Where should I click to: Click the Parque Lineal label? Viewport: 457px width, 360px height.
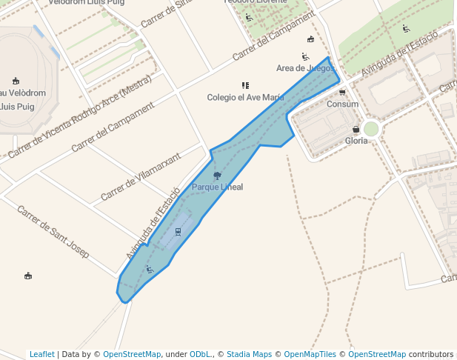(x=217, y=187)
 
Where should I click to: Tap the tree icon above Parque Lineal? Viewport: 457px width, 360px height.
(x=217, y=176)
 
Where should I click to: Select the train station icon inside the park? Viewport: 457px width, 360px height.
(x=178, y=231)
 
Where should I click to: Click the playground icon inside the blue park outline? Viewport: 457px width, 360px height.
(x=150, y=269)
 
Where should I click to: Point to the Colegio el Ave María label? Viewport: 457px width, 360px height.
(x=245, y=97)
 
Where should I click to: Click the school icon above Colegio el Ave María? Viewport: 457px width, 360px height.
(x=245, y=86)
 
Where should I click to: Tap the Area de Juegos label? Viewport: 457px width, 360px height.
(x=305, y=68)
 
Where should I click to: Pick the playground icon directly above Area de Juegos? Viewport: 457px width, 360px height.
(x=305, y=57)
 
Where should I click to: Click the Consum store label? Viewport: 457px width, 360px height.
(x=342, y=104)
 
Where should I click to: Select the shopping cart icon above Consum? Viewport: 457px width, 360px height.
(x=342, y=93)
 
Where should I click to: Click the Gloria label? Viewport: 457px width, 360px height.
(x=356, y=141)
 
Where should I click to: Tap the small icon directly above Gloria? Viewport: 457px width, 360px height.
(x=356, y=130)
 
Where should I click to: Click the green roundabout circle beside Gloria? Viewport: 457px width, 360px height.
(x=371, y=129)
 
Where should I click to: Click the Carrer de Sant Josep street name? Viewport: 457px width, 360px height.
(x=53, y=231)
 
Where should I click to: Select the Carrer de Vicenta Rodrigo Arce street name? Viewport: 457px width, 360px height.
(x=80, y=119)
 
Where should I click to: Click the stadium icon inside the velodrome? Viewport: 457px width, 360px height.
(x=16, y=81)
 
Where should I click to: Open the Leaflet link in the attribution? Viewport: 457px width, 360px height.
(x=41, y=354)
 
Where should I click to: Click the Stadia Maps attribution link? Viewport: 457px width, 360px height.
(x=249, y=354)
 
